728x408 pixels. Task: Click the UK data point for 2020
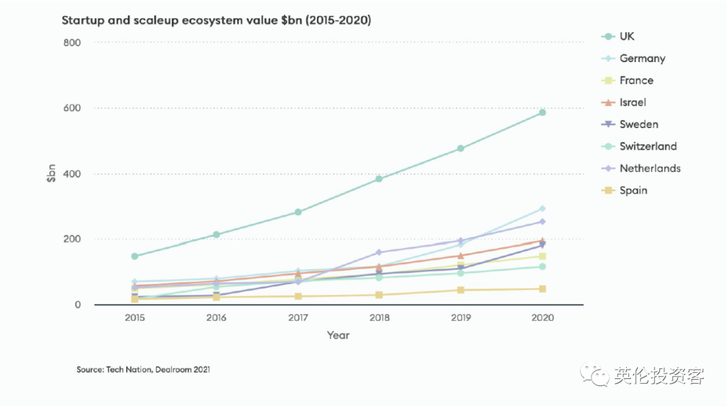(x=542, y=113)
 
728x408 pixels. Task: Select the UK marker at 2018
(x=379, y=179)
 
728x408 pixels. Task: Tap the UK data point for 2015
(x=135, y=256)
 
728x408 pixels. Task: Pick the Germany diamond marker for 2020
(x=542, y=209)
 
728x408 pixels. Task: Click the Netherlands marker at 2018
(x=379, y=253)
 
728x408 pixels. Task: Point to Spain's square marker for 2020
(x=542, y=289)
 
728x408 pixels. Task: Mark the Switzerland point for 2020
(x=542, y=267)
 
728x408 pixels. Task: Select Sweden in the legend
(x=638, y=124)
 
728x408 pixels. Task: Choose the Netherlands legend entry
(x=649, y=168)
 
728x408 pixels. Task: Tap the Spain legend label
(x=633, y=190)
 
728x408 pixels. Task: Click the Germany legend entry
(x=642, y=59)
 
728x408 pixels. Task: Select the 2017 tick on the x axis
(x=297, y=318)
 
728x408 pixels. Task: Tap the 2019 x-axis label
(x=460, y=318)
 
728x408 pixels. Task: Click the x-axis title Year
(x=338, y=335)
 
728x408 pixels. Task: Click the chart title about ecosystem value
(x=216, y=20)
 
